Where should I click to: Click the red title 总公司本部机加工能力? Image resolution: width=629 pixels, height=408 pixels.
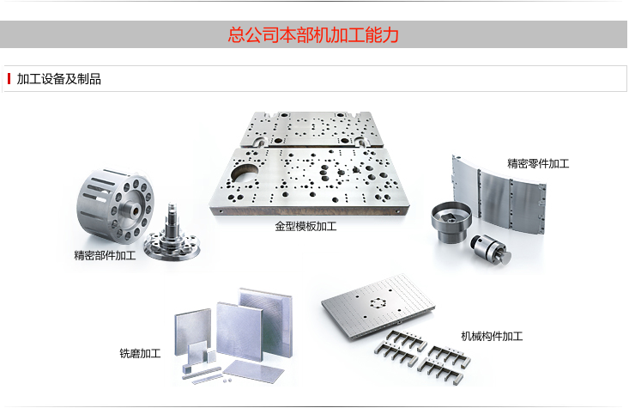point(313,35)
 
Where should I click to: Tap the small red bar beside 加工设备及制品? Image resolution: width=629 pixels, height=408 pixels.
point(9,79)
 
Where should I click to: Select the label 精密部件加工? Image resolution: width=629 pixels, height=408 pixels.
point(105,256)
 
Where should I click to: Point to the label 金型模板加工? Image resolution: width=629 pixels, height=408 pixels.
point(305,228)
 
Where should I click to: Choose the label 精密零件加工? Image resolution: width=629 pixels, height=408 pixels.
point(538,162)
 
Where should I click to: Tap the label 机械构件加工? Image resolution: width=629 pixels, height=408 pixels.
point(492,336)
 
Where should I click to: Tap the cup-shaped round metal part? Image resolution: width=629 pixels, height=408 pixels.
point(451,220)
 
